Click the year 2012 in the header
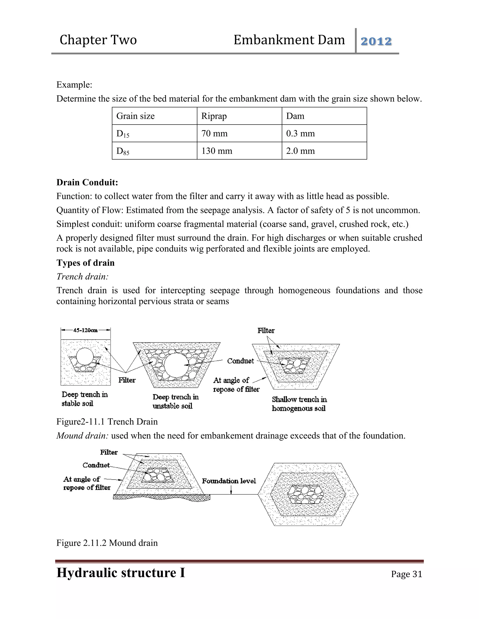pos(376,41)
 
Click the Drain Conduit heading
pos(87,182)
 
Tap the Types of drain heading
pos(85,263)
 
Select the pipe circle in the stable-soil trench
pos(85,356)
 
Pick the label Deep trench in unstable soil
pos(175,401)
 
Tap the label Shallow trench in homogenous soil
pos(299,404)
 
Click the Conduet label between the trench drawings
pos(240,361)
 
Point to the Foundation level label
pos(229,481)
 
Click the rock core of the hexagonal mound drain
pos(305,494)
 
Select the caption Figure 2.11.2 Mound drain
pos(107,543)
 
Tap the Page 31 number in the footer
pos(406,574)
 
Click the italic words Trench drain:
pos(82,276)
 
